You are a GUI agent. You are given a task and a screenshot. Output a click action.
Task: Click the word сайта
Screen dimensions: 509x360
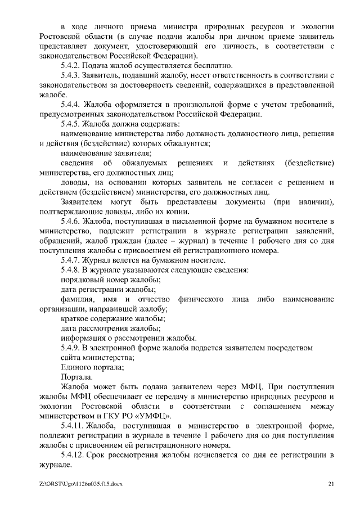click(72, 358)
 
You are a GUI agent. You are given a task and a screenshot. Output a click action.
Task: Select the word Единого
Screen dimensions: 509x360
click(77, 367)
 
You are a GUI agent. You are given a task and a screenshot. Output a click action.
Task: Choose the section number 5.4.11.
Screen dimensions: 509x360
click(74, 426)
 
